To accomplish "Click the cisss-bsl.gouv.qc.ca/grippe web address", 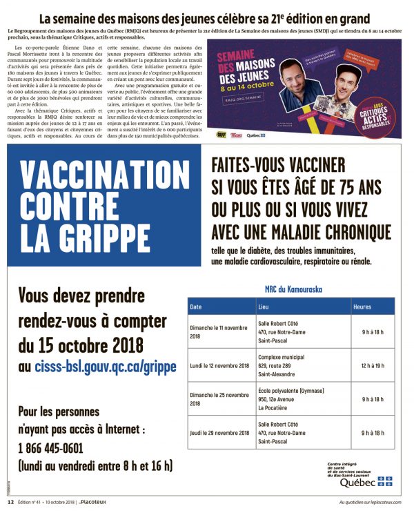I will click(x=103, y=365).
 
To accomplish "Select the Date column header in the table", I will click(x=196, y=306).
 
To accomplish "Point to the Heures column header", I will click(x=362, y=306).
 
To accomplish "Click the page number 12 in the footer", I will click(x=10, y=503).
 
